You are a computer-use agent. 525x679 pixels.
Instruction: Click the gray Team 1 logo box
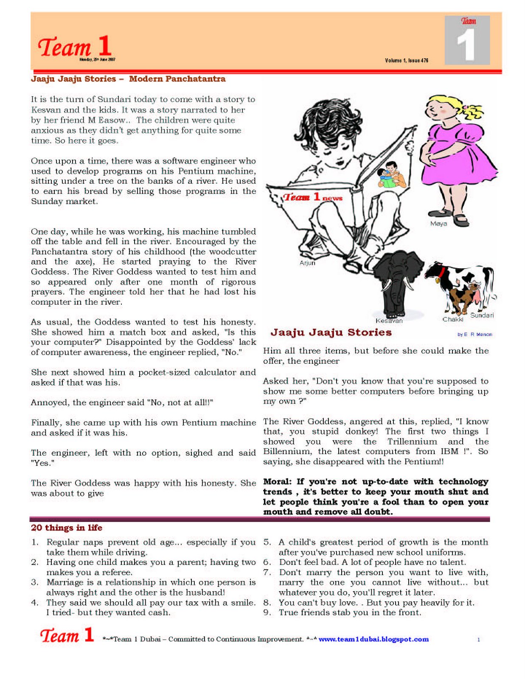click(467, 40)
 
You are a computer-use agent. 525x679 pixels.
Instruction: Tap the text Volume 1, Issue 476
click(406, 60)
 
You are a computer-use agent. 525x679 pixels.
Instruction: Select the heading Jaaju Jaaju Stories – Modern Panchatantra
click(128, 79)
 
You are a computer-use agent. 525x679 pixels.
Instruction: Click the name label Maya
click(438, 224)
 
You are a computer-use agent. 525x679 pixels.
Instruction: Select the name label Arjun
click(307, 263)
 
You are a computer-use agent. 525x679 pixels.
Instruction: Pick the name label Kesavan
click(389, 321)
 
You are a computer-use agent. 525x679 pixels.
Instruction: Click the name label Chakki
click(453, 319)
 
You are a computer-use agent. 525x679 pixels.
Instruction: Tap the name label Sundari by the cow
click(482, 315)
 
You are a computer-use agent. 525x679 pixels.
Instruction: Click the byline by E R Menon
click(474, 334)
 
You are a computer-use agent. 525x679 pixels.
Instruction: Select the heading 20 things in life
click(67, 527)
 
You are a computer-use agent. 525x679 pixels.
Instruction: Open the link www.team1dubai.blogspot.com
click(373, 639)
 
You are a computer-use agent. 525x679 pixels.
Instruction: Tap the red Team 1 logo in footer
click(67, 635)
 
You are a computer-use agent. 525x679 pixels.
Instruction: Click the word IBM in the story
click(449, 452)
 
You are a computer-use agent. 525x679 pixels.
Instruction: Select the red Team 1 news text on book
click(313, 197)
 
